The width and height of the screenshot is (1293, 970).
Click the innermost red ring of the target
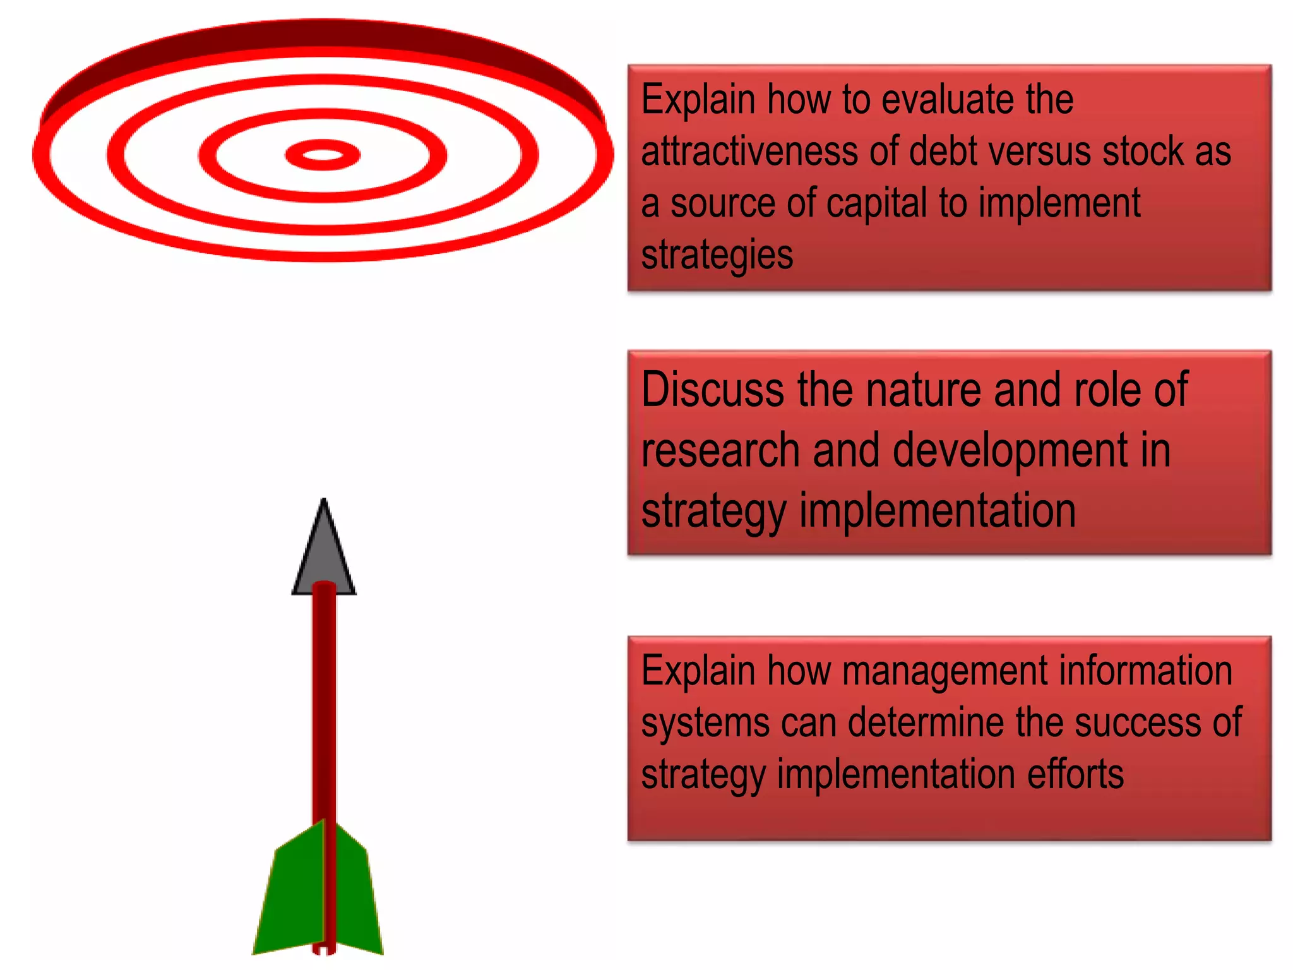[323, 155]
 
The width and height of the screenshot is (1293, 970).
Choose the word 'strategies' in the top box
[717, 255]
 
